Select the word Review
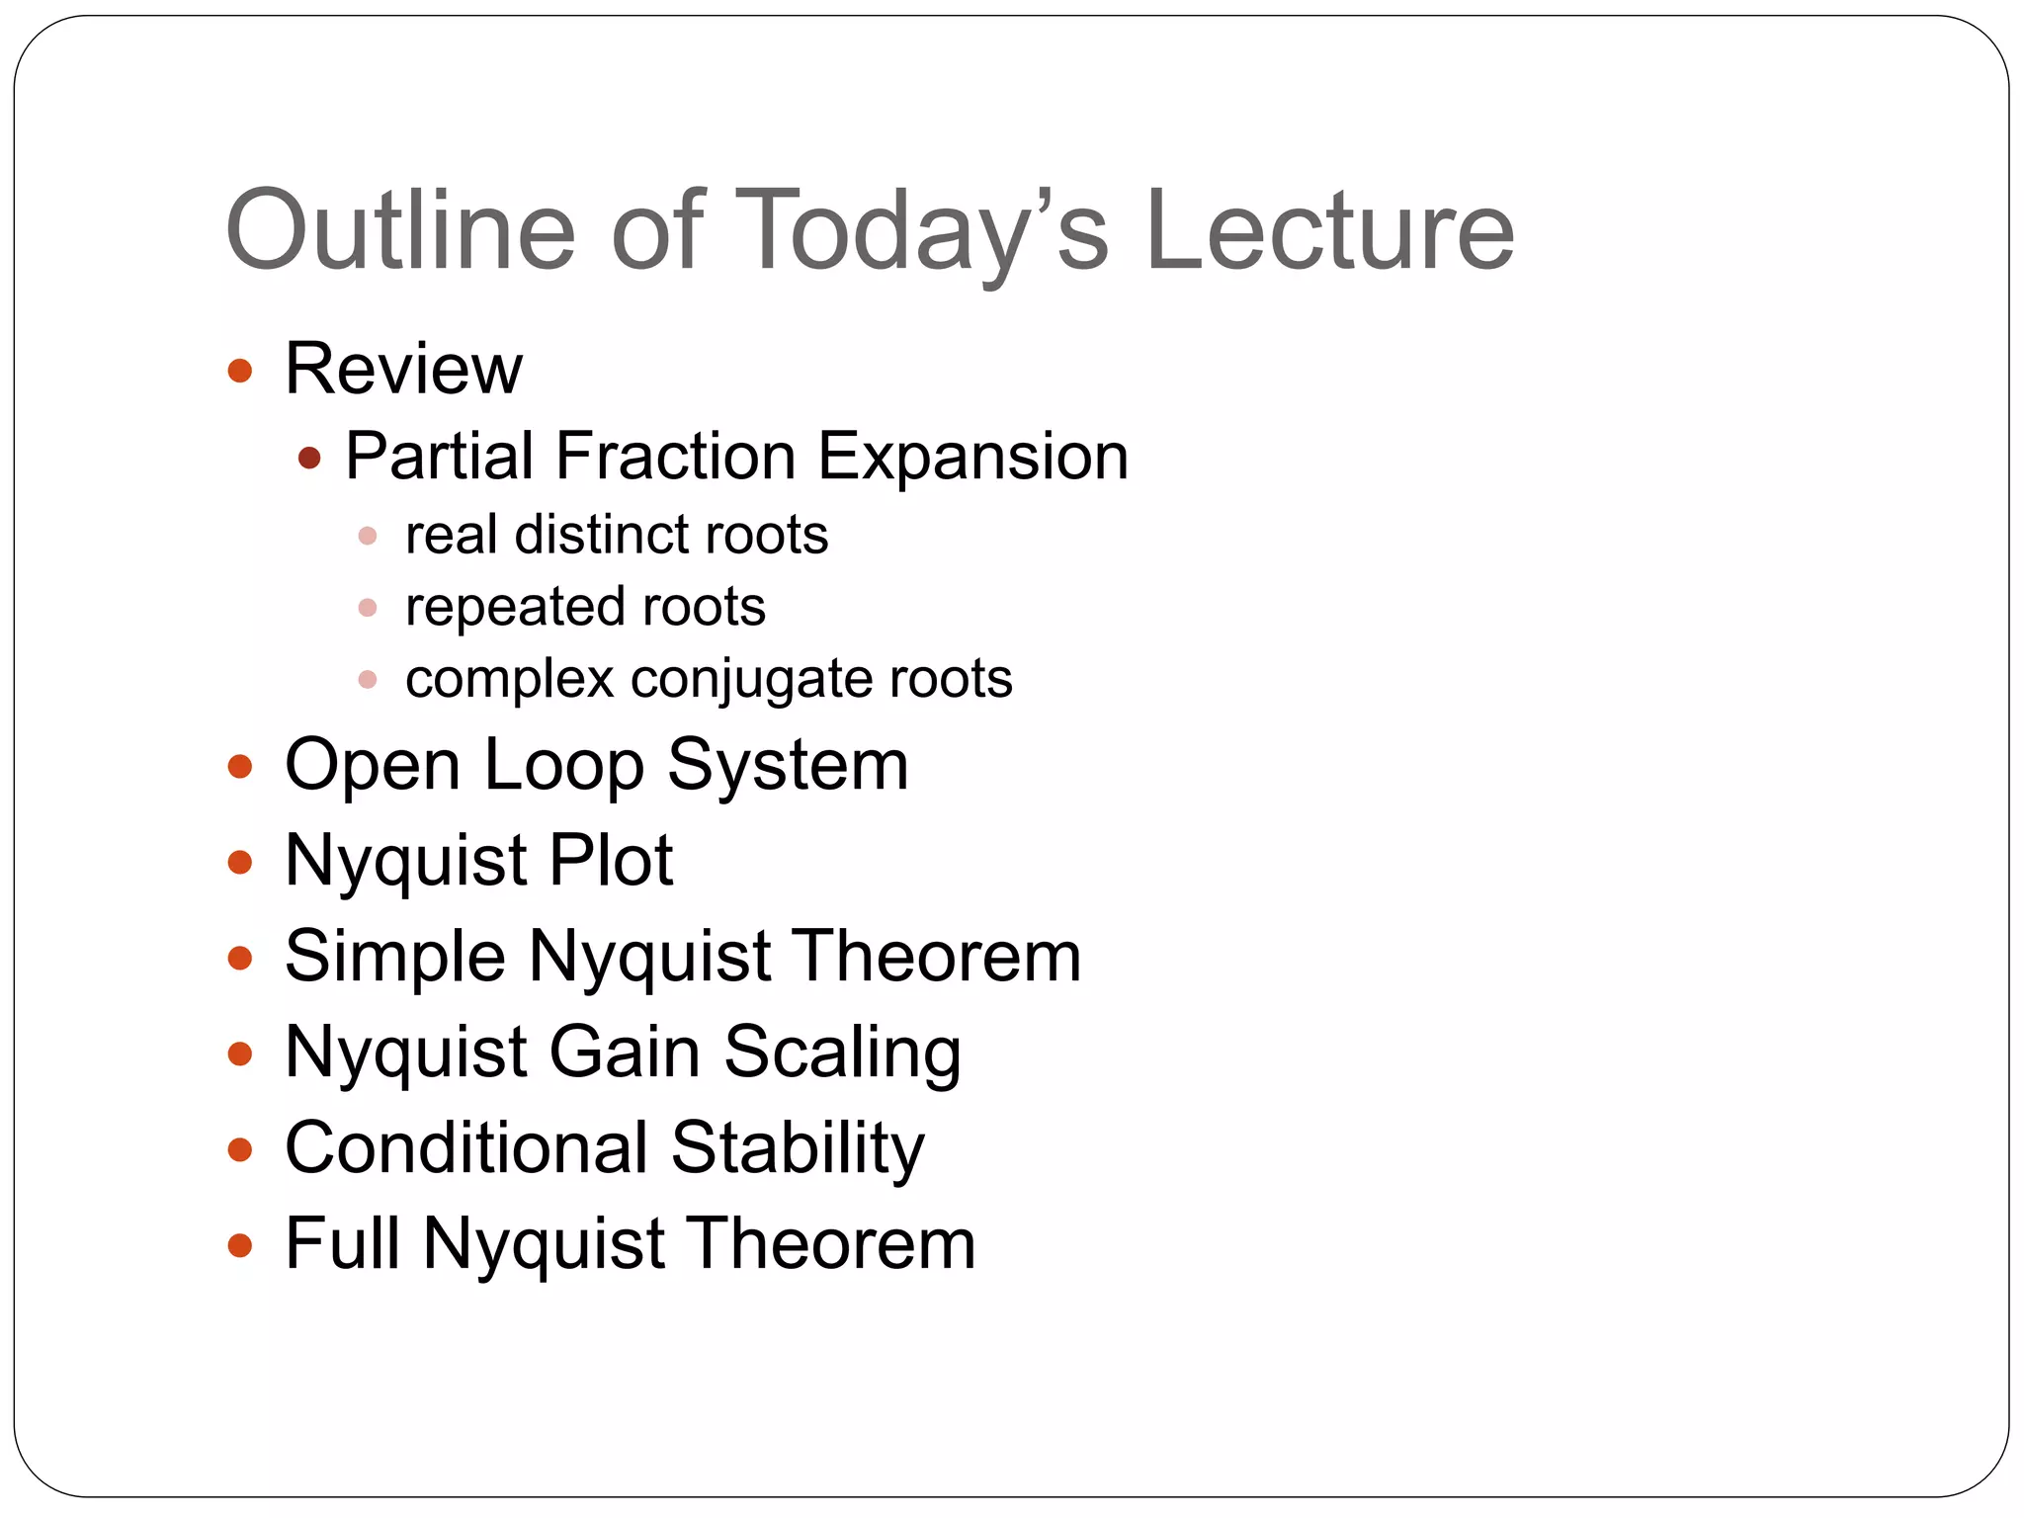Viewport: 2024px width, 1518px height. point(403,369)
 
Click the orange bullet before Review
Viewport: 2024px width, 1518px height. point(240,372)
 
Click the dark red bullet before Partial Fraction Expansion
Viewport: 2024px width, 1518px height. point(310,458)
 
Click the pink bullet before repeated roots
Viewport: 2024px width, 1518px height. point(368,608)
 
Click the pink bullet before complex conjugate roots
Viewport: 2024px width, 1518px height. point(368,680)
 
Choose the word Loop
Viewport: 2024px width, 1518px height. point(563,765)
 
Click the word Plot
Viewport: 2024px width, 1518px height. point(611,860)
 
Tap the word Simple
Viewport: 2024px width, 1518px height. point(394,957)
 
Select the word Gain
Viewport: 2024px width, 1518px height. point(625,1052)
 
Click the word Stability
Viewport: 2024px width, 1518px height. point(798,1147)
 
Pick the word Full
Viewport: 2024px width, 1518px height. point(343,1242)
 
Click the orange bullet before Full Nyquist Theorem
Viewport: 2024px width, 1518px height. point(240,1244)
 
